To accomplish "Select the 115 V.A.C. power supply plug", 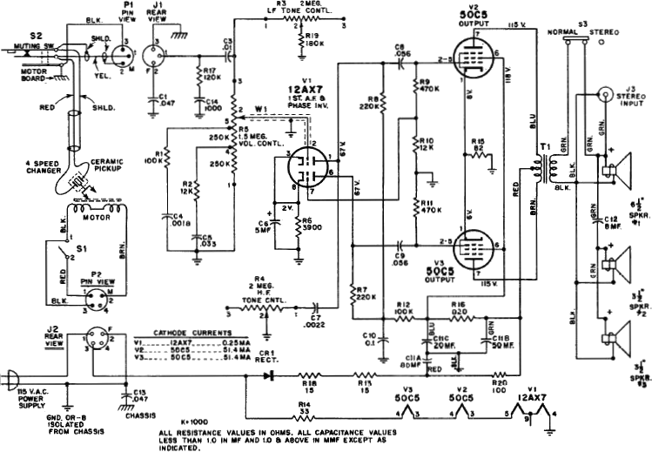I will tap(11, 380).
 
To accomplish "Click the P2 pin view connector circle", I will tap(102, 297).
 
